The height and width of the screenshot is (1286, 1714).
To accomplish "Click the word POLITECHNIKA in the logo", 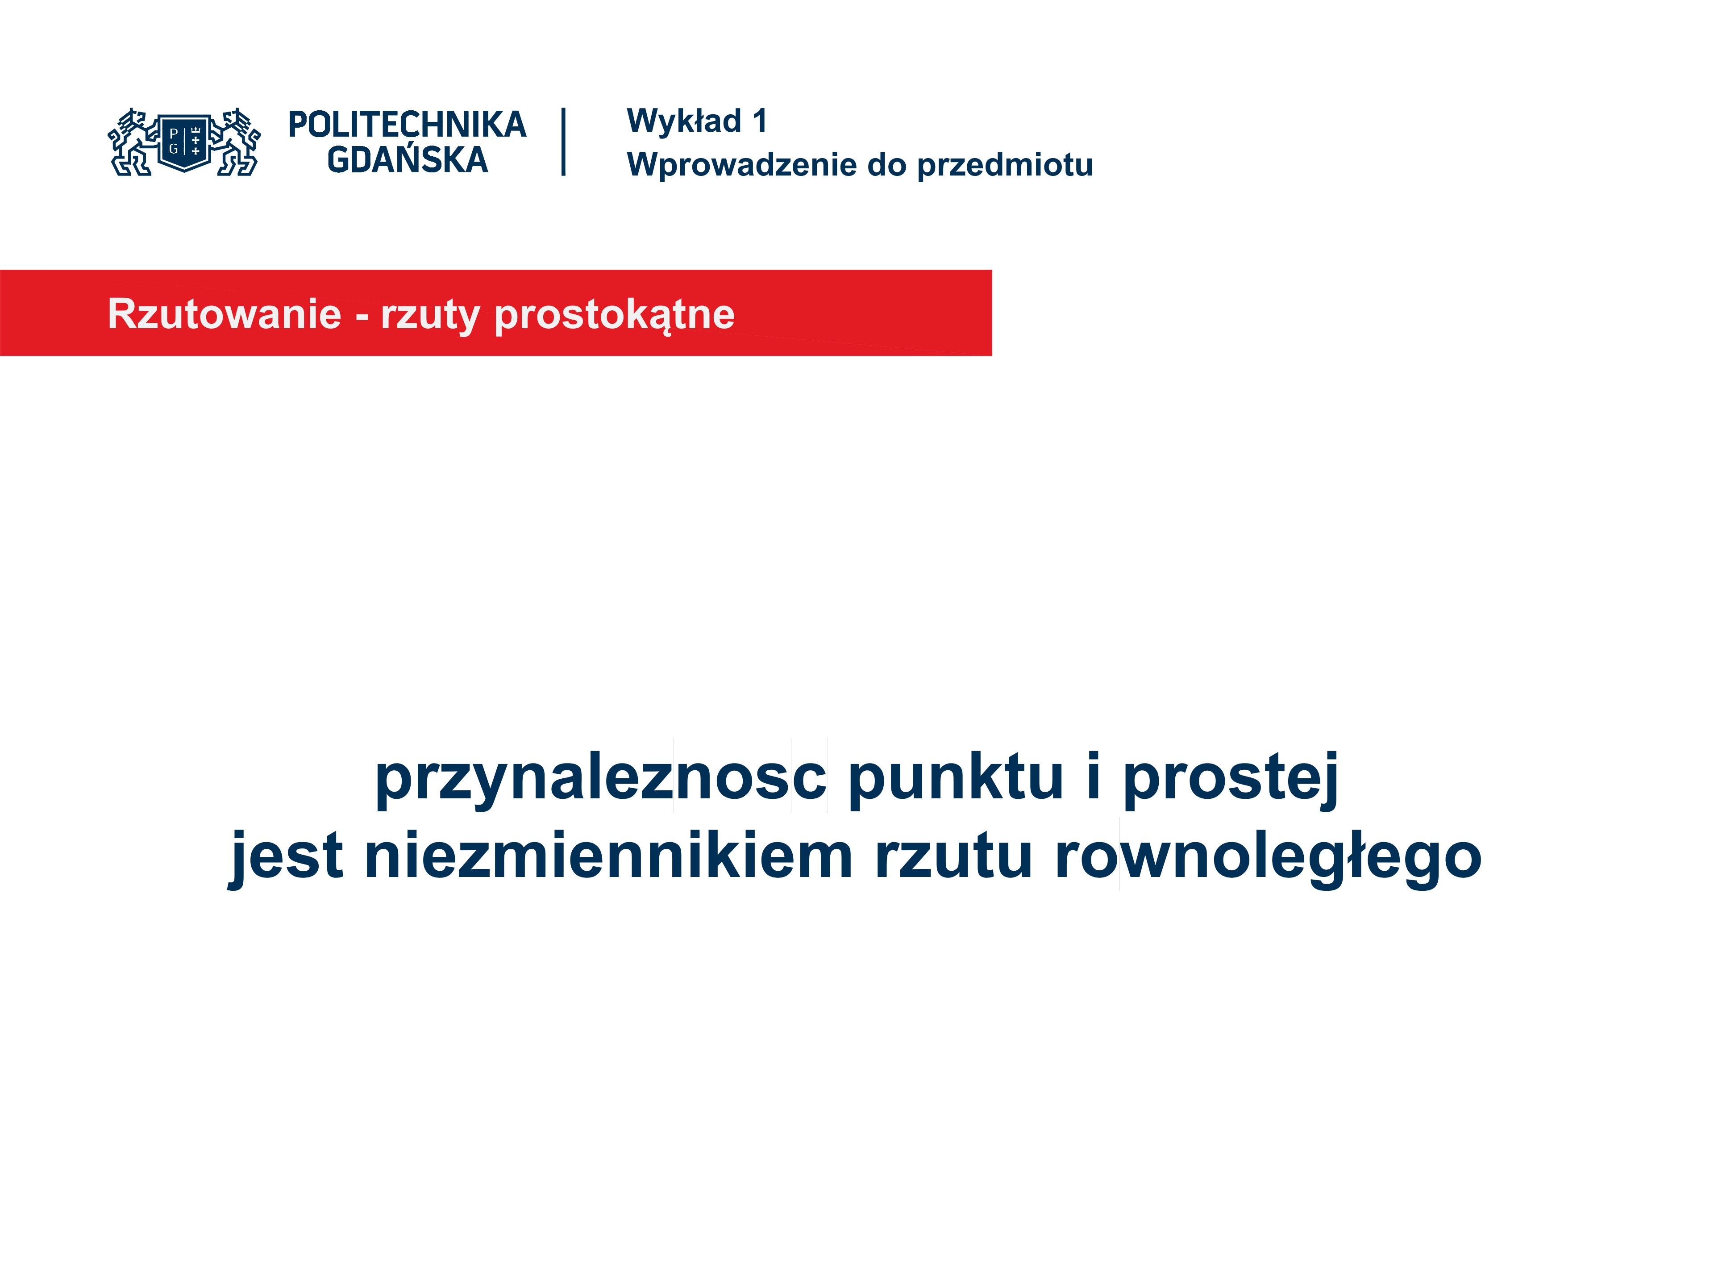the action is pos(407,125).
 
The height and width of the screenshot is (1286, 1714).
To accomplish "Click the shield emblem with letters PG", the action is pos(184,142).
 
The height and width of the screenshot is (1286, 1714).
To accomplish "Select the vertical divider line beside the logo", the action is pos(563,142).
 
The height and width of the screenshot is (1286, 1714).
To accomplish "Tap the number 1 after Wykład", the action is pos(760,121).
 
